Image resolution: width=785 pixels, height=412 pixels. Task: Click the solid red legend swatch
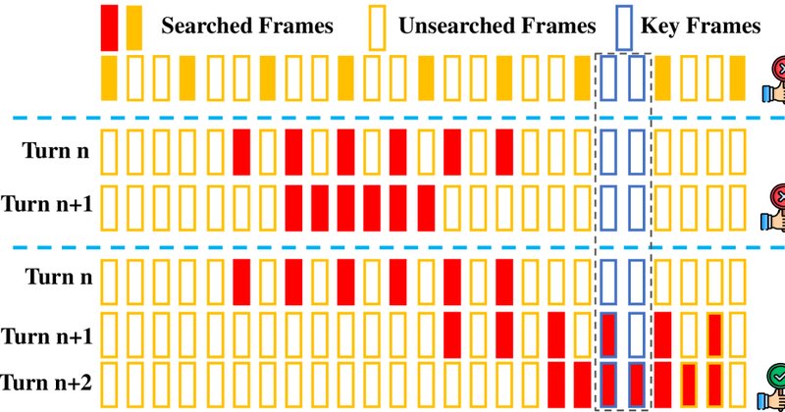(109, 27)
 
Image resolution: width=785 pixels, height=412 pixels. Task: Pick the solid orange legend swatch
(134, 27)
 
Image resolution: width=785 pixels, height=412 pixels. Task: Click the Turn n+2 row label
(46, 383)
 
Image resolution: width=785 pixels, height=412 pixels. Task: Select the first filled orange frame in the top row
(109, 78)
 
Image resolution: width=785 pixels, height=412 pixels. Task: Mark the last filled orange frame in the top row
(738, 78)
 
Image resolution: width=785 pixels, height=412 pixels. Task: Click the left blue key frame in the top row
(601, 78)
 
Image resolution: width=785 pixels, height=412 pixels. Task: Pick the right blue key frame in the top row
(629, 78)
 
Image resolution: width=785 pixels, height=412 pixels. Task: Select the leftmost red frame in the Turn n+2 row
(556, 385)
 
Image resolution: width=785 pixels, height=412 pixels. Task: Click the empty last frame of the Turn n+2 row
(730, 385)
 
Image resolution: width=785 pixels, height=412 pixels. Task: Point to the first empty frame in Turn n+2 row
(102, 385)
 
